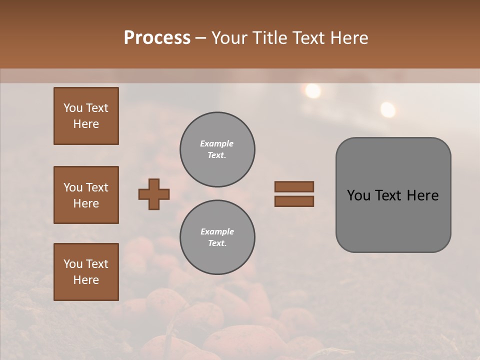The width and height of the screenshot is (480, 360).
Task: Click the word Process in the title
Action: pos(157,38)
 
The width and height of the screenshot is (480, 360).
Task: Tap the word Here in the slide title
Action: pos(347,38)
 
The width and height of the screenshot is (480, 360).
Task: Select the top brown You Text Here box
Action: pos(86,116)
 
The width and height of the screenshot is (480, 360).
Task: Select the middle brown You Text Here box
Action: pos(86,195)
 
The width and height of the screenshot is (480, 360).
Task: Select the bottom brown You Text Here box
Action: pos(86,272)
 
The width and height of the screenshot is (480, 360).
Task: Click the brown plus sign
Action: pos(154,194)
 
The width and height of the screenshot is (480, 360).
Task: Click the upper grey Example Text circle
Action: pos(217,149)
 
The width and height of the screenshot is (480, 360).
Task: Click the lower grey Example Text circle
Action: pos(217,237)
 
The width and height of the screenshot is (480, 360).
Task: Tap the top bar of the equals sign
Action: pos(294,186)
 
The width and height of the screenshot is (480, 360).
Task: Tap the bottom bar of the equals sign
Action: pos(294,201)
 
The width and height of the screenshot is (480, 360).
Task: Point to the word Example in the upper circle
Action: pos(217,143)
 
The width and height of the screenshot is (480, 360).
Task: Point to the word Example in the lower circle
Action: pos(217,231)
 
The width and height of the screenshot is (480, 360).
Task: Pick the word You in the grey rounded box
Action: pos(358,195)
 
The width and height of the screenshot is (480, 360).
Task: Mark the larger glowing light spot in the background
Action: pos(313,90)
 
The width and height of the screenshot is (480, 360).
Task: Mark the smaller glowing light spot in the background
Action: pos(387,109)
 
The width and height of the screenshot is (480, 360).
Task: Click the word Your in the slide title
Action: pos(229,38)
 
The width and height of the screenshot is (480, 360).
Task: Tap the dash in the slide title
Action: pos(200,38)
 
